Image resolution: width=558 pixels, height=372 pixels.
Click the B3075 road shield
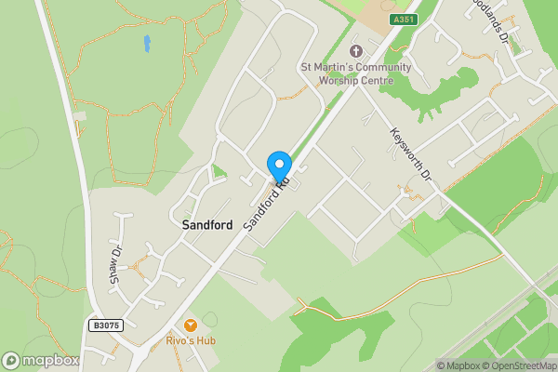click(107, 325)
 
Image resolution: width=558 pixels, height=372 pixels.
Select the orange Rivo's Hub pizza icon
click(191, 325)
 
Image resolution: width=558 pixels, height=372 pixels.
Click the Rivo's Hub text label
click(191, 341)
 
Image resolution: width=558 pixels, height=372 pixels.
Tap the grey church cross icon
click(354, 50)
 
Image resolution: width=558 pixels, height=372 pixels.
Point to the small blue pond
click(147, 43)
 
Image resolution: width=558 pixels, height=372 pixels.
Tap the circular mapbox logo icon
click(11, 361)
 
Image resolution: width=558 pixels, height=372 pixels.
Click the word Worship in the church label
click(343, 80)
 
